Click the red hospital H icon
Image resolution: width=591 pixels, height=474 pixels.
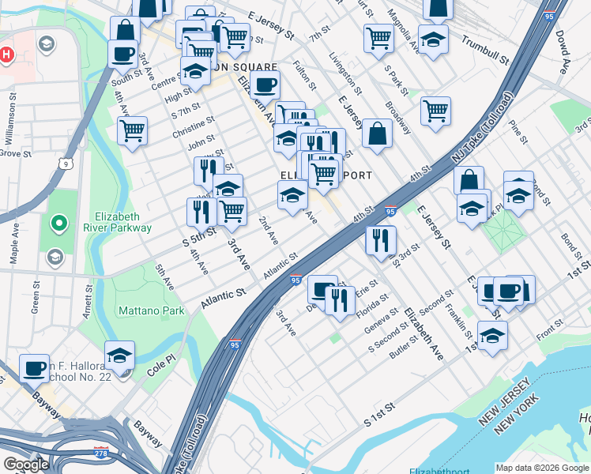pyautogui.click(x=7, y=55)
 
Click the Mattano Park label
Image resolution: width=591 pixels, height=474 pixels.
pyautogui.click(x=151, y=310)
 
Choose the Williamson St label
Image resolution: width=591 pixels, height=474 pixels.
pyautogui.click(x=12, y=118)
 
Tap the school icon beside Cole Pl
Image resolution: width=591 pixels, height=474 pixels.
pyautogui.click(x=119, y=355)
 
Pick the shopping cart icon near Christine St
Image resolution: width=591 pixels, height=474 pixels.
pyautogui.click(x=132, y=130)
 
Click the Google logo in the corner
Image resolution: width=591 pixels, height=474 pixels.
pyautogui.click(x=26, y=465)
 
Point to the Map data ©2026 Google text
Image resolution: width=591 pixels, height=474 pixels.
pyautogui.click(x=542, y=468)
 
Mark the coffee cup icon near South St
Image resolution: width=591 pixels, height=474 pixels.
pyautogui.click(x=123, y=54)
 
